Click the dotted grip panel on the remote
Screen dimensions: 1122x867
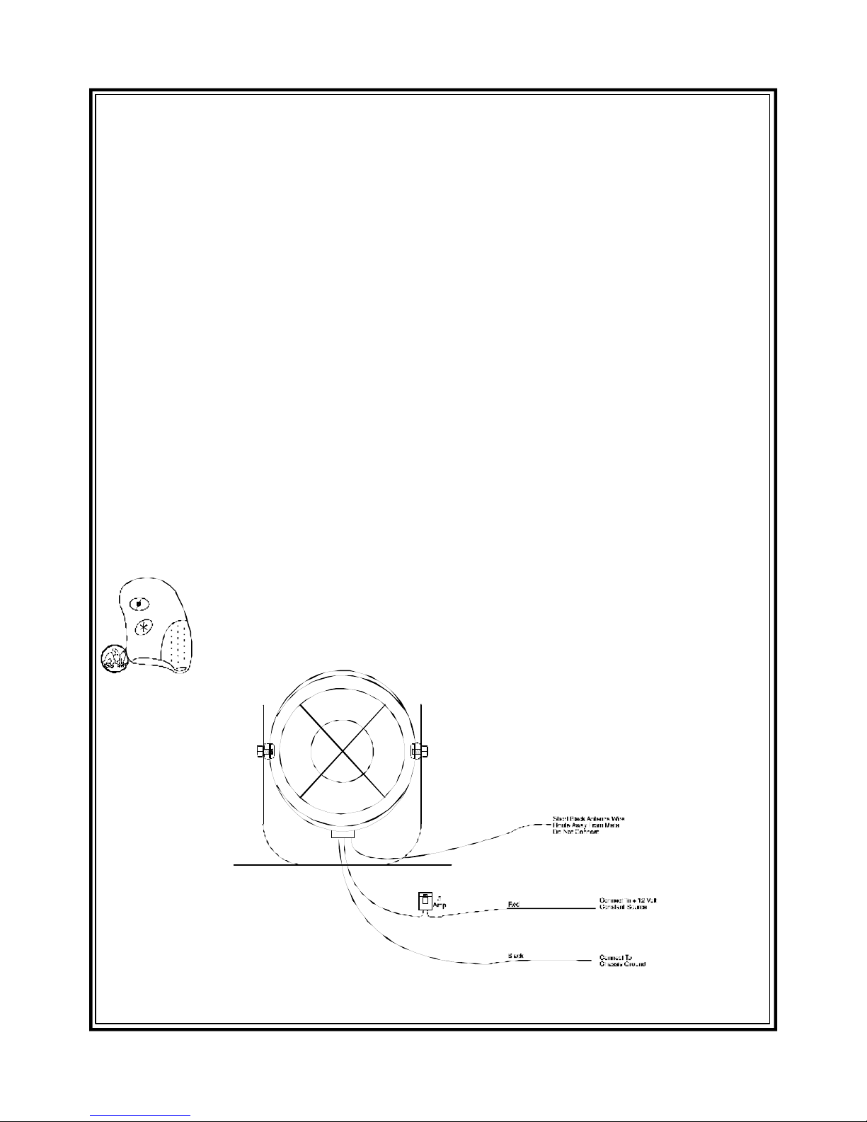point(178,645)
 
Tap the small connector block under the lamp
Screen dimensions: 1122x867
point(343,836)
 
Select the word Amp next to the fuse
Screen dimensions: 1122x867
point(439,905)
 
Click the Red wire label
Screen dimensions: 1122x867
point(515,905)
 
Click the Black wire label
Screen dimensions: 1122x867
point(515,956)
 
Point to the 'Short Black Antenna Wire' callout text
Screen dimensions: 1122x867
point(589,818)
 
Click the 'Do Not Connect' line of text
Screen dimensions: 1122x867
point(576,832)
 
